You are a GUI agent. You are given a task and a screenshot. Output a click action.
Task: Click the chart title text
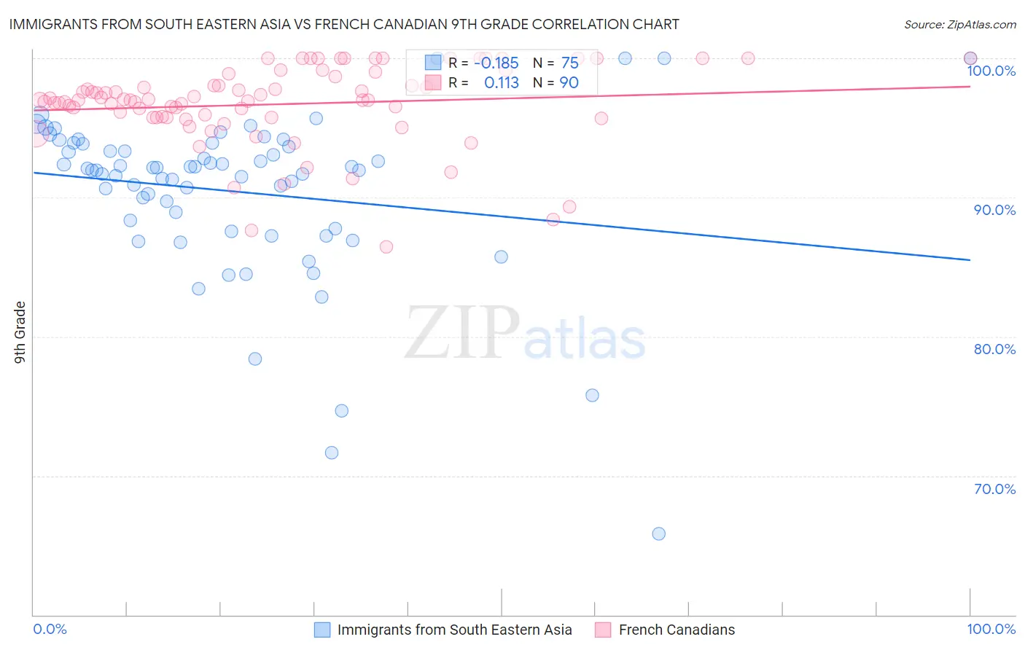point(344,24)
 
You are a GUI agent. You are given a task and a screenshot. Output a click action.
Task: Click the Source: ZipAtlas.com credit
point(959,24)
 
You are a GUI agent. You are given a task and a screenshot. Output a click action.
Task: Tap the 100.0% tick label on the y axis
point(991,71)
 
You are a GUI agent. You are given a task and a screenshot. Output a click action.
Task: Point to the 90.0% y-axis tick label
point(994,210)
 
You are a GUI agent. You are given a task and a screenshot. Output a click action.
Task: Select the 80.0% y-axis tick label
point(994,349)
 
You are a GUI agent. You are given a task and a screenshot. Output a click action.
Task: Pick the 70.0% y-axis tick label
point(994,489)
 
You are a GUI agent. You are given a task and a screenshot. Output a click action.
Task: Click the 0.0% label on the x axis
point(50,629)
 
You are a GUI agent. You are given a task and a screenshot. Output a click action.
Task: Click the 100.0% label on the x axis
point(991,629)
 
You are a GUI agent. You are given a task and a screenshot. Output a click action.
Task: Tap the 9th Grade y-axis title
point(20,332)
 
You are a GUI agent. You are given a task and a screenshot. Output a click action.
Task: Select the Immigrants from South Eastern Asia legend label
point(454,630)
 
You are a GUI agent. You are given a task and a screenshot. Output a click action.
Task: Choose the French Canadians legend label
point(677,630)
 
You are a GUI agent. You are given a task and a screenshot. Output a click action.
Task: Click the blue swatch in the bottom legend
point(322,630)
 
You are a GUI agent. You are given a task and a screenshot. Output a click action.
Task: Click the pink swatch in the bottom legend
point(603,630)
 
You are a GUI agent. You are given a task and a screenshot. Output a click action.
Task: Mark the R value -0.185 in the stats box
point(496,63)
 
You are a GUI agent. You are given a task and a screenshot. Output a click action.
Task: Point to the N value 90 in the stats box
point(569,82)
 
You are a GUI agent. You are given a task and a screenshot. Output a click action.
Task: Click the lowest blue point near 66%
point(658,533)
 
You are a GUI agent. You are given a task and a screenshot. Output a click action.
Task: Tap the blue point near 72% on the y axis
point(332,453)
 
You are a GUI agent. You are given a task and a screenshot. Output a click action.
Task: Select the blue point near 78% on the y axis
point(255,359)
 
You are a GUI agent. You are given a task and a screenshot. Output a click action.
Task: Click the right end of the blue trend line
point(970,259)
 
